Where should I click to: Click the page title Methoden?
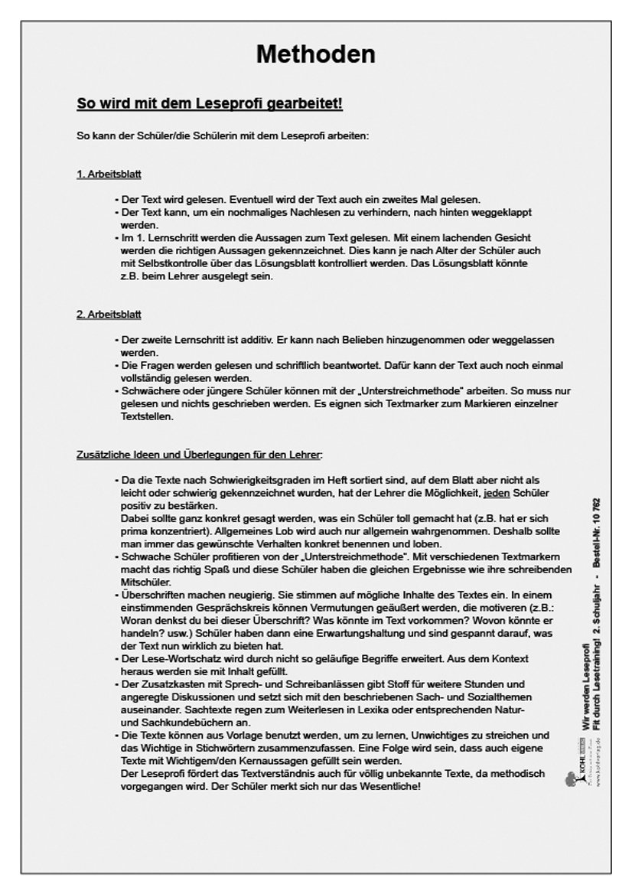pos(315,54)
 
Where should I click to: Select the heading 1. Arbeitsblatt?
pos(109,175)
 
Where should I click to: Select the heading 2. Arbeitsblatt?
pos(109,315)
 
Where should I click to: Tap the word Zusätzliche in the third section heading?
pos(101,455)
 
